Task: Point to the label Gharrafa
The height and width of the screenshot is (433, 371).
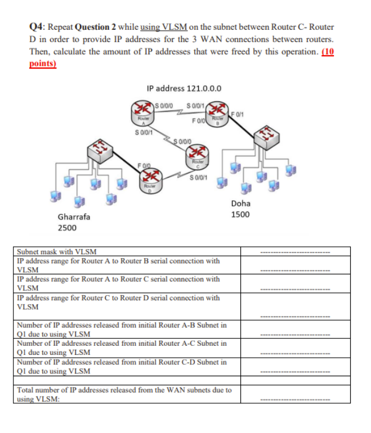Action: click(x=73, y=217)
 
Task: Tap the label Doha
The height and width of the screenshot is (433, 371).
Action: click(x=241, y=203)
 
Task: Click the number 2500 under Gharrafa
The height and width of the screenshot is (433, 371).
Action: click(x=68, y=228)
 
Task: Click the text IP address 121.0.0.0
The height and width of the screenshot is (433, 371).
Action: click(x=184, y=88)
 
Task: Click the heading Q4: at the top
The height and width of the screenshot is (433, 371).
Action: click(x=38, y=26)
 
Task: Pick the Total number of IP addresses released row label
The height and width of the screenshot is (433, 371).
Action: click(x=124, y=394)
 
